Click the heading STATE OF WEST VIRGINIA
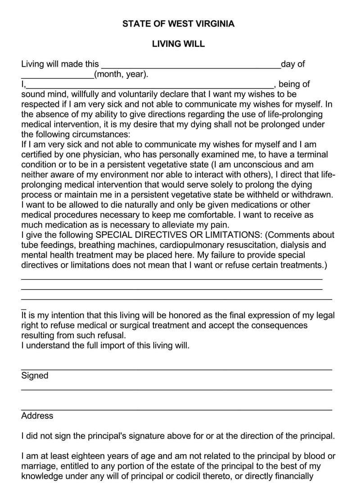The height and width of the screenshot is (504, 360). coord(178,24)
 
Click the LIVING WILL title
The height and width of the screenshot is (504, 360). coord(178,44)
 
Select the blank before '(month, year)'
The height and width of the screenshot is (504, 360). coord(58,78)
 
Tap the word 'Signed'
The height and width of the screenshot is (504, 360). coord(35,376)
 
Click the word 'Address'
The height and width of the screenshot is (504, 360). coord(37,416)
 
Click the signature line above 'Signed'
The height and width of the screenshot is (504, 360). coord(176,369)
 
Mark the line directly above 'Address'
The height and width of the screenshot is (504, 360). coord(176,410)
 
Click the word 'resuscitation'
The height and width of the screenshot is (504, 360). coord(252,245)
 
